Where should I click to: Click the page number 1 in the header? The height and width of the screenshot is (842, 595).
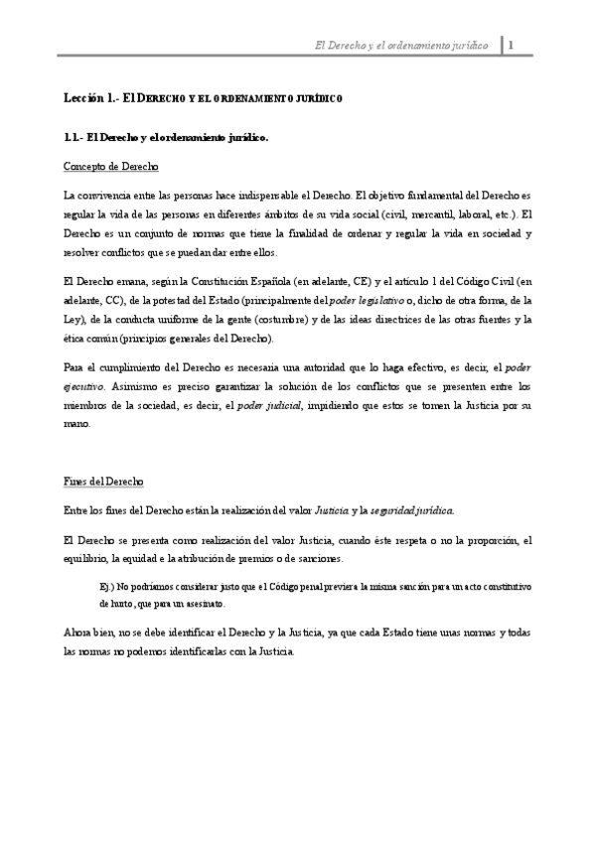coord(511,45)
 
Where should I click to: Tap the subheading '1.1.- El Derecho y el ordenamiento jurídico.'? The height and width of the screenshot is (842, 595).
coord(164,138)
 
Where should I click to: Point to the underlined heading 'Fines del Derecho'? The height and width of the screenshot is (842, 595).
coord(103,483)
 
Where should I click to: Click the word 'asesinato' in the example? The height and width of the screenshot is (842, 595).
coord(204,603)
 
